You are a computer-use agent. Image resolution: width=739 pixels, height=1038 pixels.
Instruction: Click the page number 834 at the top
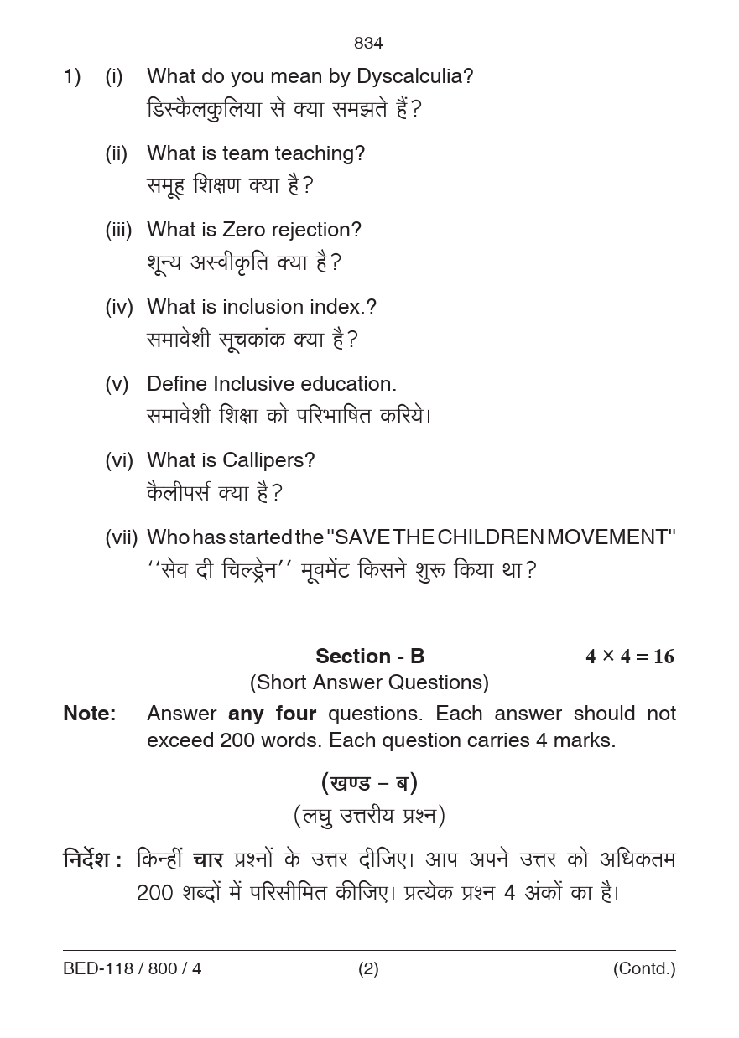368,43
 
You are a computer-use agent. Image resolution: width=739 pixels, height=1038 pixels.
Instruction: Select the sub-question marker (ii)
117,153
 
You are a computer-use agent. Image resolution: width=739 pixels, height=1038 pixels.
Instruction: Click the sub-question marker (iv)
119,307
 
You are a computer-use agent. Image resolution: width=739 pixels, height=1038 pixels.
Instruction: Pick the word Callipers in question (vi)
268,460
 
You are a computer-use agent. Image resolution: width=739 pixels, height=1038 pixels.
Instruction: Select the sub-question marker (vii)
121,537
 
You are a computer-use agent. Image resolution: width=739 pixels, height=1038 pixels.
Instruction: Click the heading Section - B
370,656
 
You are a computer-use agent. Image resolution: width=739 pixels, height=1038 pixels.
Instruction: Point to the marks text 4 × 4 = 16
629,657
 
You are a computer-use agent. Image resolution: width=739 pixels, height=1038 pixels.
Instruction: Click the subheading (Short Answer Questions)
369,682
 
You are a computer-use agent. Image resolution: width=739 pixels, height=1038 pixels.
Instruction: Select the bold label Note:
90,714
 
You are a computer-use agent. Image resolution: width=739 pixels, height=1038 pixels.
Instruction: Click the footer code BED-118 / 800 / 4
133,969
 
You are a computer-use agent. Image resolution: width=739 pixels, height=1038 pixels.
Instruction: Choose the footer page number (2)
368,969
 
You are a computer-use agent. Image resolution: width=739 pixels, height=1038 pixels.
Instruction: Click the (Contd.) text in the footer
643,969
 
